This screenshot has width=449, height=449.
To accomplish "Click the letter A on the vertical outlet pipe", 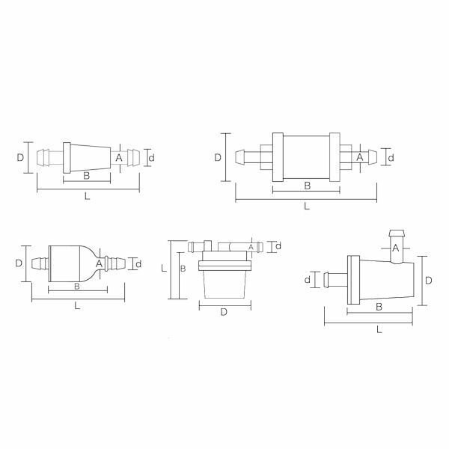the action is pyautogui.click(x=395, y=248).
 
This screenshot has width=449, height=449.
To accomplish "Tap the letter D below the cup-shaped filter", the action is pyautogui.click(x=224, y=312).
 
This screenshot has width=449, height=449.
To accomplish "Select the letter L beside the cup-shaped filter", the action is pyautogui.click(x=164, y=269).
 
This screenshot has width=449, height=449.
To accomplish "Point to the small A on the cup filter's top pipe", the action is pyautogui.click(x=251, y=247).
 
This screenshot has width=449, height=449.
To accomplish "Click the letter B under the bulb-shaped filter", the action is pyautogui.click(x=77, y=286).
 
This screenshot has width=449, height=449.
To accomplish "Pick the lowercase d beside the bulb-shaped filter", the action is pyautogui.click(x=138, y=264).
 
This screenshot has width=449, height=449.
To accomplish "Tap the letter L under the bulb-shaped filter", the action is pyautogui.click(x=77, y=306).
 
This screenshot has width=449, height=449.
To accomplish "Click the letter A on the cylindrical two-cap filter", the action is pyautogui.click(x=360, y=157).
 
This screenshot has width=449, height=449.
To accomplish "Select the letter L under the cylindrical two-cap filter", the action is pyautogui.click(x=307, y=206).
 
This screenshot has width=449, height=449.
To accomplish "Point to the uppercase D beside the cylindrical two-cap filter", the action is pyautogui.click(x=218, y=157).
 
